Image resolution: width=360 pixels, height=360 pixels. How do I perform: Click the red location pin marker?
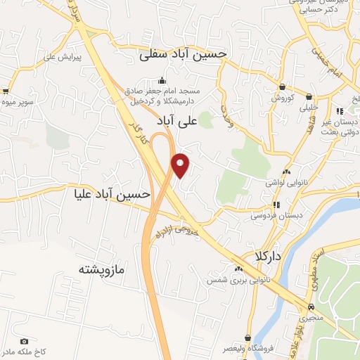pos(181,165)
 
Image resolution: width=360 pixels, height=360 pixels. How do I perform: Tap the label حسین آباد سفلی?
pos(183,53)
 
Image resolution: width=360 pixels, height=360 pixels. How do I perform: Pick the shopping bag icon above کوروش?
pos(282,87)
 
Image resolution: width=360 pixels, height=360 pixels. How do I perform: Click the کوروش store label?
pos(281,98)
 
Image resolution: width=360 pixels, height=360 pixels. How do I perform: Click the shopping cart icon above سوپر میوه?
pos(6,91)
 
